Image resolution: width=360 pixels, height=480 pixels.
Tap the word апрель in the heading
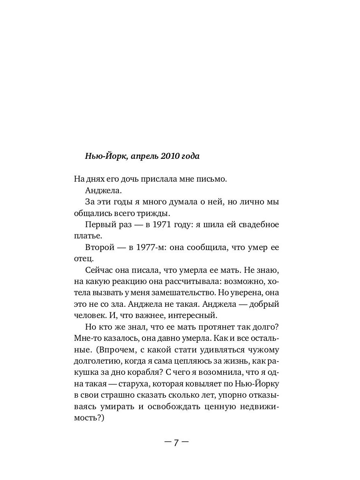[x=140, y=156]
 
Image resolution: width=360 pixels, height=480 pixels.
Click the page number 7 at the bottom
[x=176, y=443]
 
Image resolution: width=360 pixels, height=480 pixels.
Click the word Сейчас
[x=100, y=270]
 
